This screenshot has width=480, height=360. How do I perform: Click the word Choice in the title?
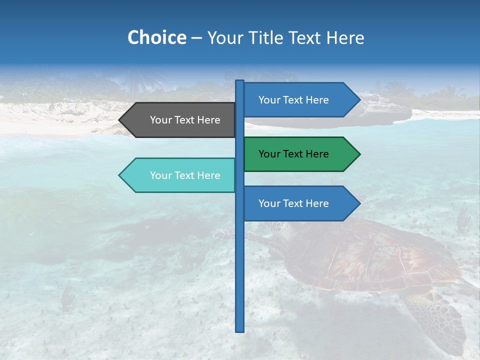(x=156, y=38)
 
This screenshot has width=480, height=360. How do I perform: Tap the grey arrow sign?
(x=180, y=120)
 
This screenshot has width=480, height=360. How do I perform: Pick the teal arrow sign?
(x=180, y=175)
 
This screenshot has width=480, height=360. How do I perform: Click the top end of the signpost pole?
(x=240, y=81)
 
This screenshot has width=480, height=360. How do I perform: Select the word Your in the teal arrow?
(x=160, y=175)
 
